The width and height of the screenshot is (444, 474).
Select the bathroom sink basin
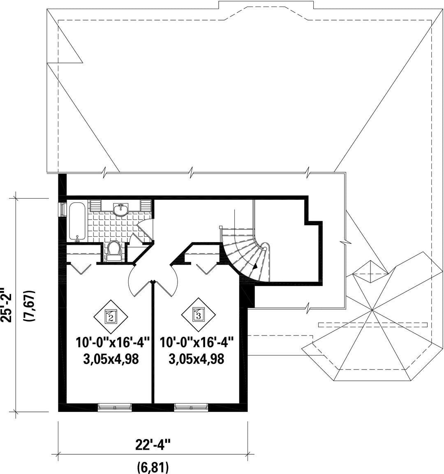point(121,210)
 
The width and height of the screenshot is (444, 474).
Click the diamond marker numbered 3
point(199,316)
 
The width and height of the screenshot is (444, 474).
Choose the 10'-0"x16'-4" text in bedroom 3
point(197,342)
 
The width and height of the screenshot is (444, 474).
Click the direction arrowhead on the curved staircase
point(256,266)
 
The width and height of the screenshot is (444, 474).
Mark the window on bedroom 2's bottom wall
point(115,407)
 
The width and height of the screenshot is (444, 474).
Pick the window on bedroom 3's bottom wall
point(191,407)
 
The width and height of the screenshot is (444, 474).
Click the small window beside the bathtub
point(62,209)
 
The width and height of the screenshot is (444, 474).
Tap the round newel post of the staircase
point(265,248)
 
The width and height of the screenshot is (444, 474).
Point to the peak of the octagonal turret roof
point(372,310)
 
